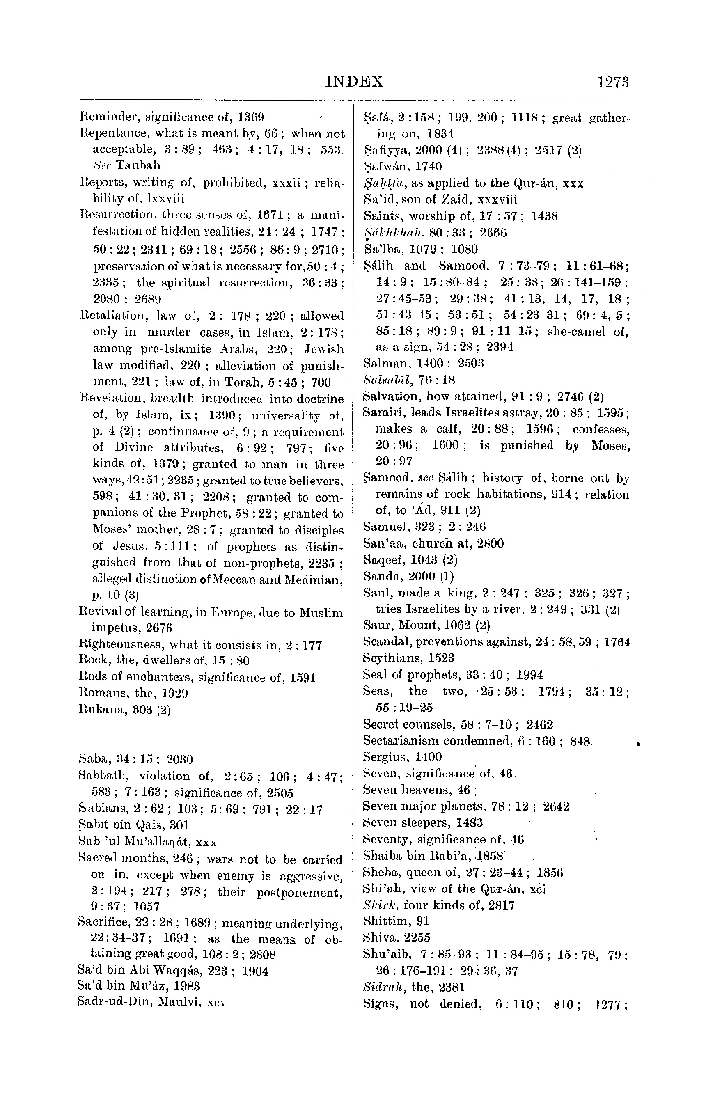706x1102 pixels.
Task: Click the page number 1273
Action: [613, 82]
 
